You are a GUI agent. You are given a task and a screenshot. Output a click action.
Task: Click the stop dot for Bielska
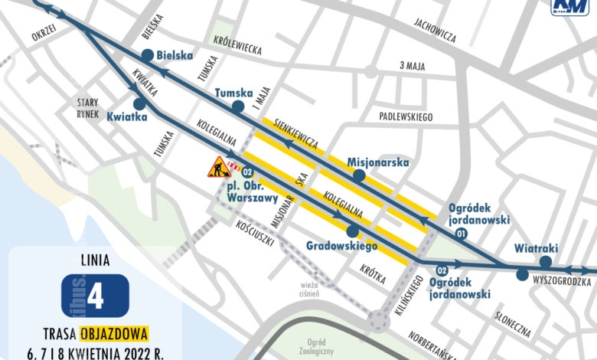(147, 55)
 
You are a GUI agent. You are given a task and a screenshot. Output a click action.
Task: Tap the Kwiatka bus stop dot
(139, 103)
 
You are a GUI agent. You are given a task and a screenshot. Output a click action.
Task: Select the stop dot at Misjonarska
(357, 176)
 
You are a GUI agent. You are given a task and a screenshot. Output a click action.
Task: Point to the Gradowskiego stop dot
(352, 231)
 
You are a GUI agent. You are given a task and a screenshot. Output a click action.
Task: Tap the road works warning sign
(219, 166)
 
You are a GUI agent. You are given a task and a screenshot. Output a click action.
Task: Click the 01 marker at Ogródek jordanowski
(461, 232)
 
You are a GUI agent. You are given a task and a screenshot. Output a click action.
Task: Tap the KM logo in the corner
(570, 8)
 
